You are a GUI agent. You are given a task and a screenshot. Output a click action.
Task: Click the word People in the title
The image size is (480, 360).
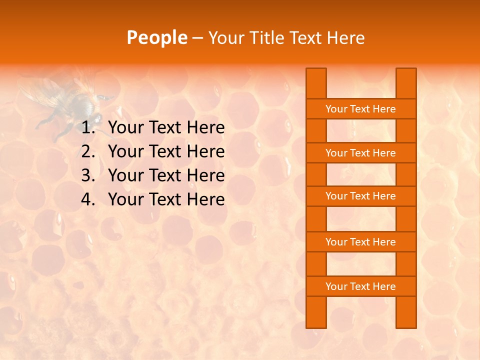tap(156, 37)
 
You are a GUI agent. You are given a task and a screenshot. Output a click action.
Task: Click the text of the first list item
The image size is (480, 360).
tap(166, 128)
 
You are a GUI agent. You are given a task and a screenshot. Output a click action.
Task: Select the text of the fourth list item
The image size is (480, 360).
tap(166, 199)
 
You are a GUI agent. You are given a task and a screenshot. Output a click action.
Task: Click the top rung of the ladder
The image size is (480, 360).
tap(360, 109)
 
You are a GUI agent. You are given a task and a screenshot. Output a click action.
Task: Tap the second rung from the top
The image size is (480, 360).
tap(360, 153)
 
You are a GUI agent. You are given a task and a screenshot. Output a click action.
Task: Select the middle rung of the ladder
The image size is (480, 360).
tap(360, 196)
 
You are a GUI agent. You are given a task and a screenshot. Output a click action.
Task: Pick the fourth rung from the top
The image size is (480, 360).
tap(360, 242)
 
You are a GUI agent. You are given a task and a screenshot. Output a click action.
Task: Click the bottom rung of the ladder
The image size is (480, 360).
tap(360, 286)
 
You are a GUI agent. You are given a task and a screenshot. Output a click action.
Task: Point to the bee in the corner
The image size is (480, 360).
tap(70, 100)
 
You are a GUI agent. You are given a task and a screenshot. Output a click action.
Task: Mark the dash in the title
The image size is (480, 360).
tap(197, 38)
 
